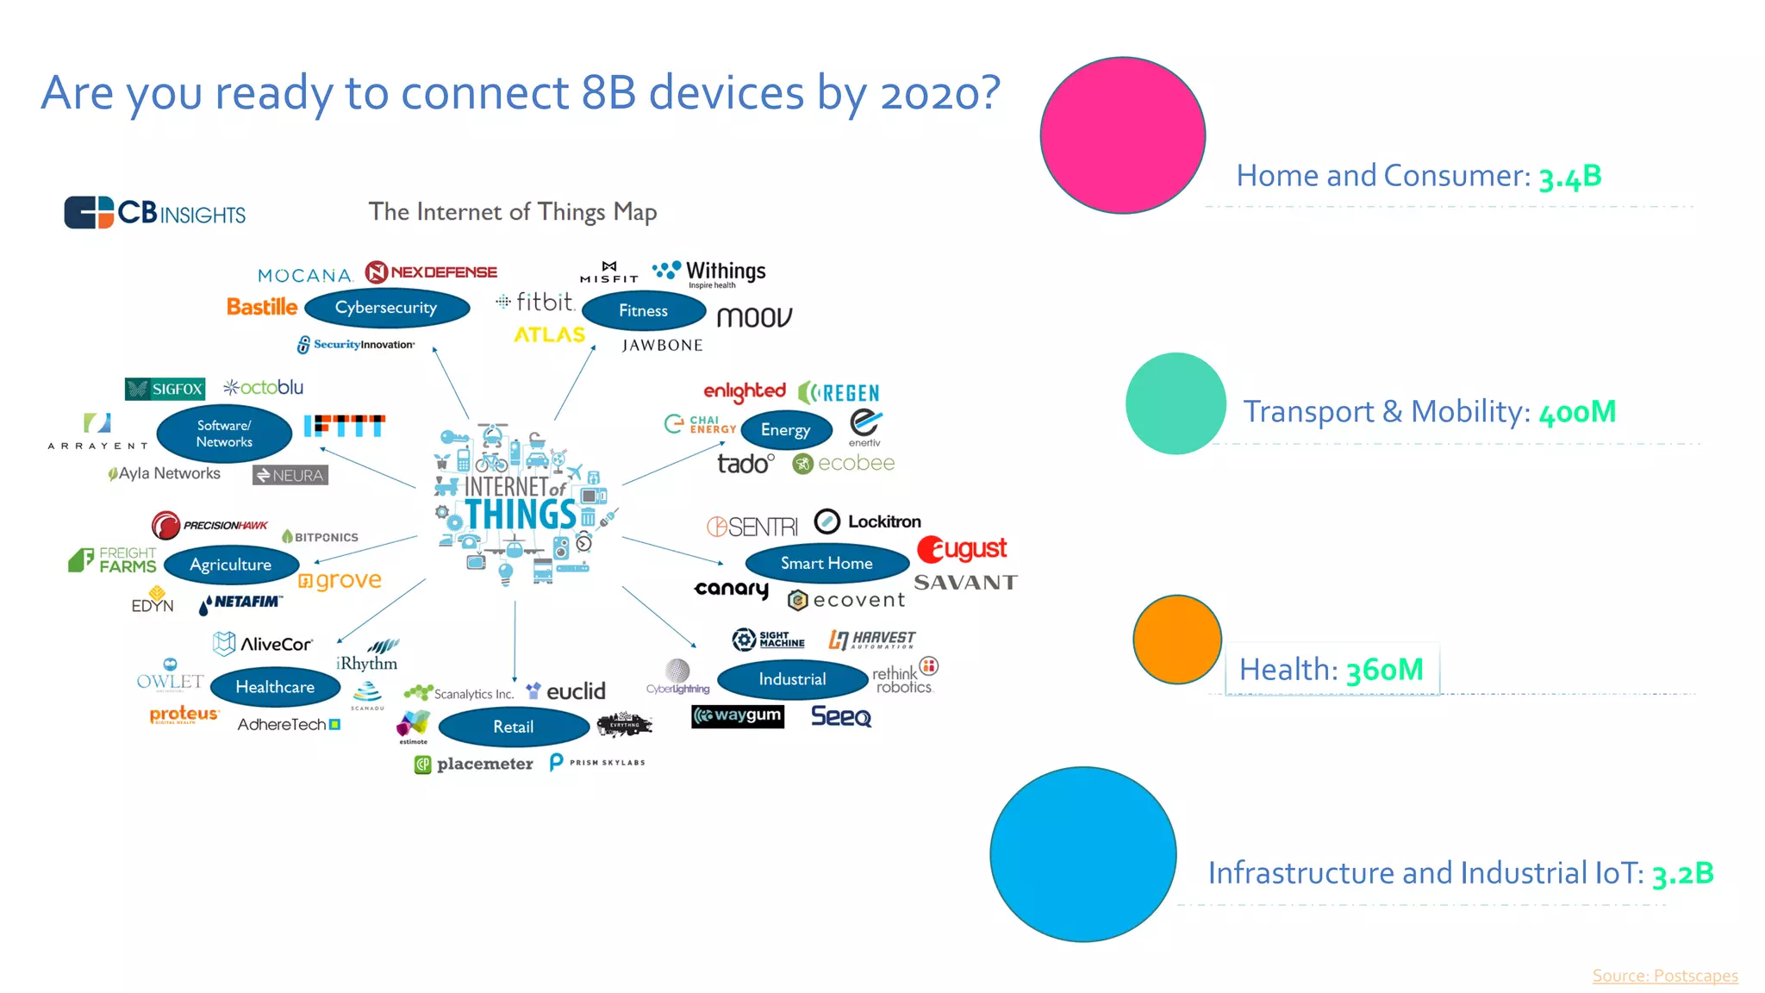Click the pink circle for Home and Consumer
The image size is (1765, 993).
click(1122, 135)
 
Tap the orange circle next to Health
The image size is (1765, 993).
click(1176, 639)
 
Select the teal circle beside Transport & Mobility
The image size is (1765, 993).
click(1176, 403)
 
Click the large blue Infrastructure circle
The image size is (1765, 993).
click(1082, 854)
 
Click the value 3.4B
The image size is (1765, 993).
click(1569, 177)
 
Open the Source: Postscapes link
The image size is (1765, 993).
click(1664, 975)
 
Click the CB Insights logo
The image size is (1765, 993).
click(155, 212)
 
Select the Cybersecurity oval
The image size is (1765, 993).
click(386, 308)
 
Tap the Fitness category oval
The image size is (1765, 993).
click(643, 311)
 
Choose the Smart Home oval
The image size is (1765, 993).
click(826, 563)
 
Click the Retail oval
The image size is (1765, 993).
click(513, 727)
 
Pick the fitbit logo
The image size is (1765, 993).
click(536, 302)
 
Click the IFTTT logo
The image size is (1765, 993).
click(344, 426)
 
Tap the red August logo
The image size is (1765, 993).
click(962, 549)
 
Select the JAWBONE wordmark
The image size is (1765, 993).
click(662, 346)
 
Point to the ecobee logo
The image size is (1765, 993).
click(843, 464)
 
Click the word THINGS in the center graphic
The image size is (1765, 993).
click(521, 515)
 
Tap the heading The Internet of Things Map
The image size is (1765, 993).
click(512, 212)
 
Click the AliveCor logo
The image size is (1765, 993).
click(263, 644)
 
